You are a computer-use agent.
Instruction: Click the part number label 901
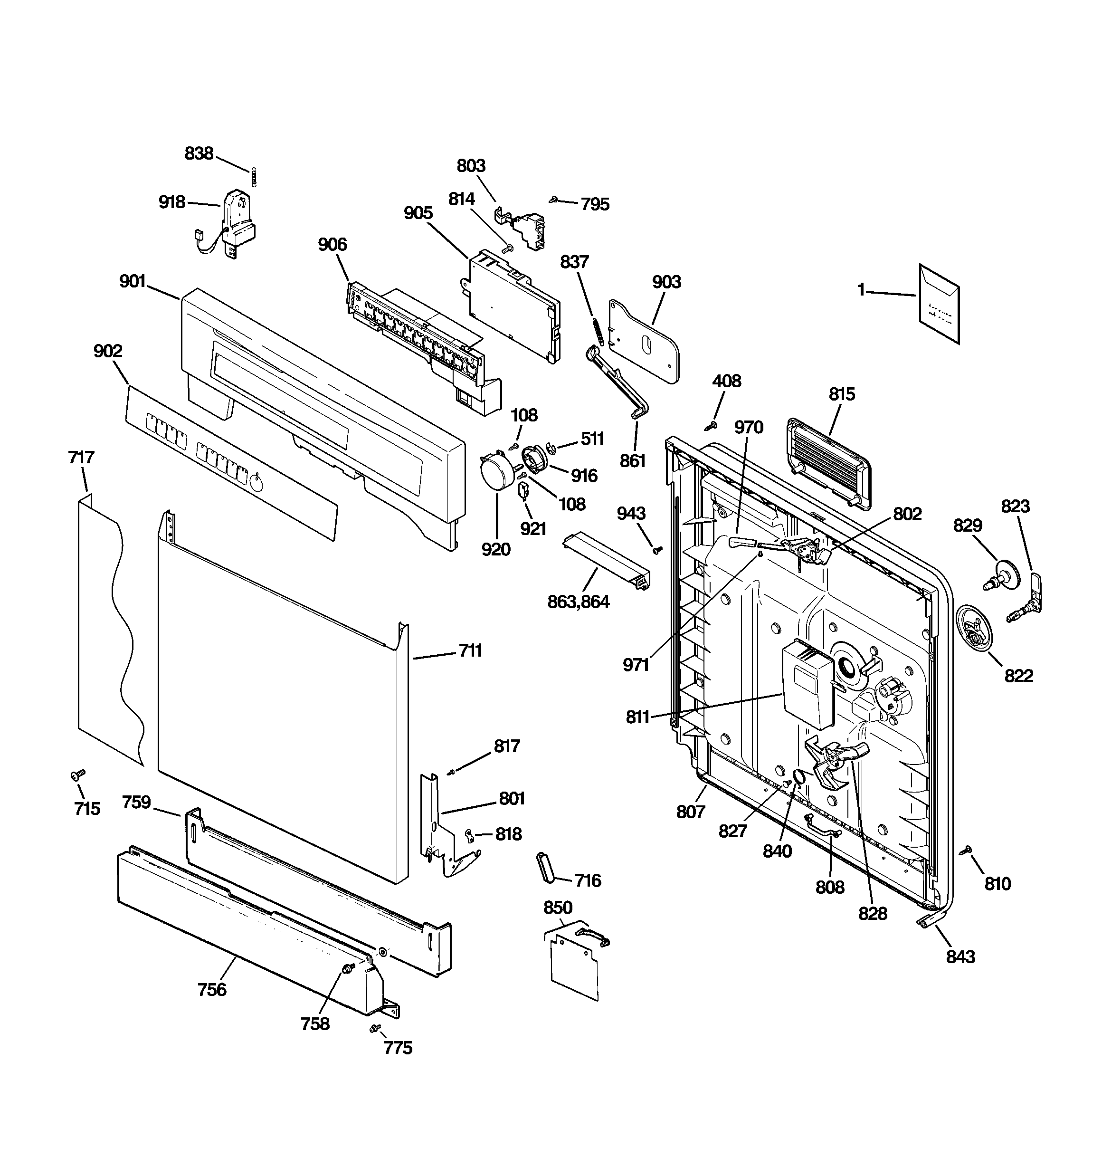(x=133, y=281)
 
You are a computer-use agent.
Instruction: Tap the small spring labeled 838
(x=254, y=176)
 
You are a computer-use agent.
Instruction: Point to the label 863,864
(x=579, y=602)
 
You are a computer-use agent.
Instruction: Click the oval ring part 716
(x=545, y=868)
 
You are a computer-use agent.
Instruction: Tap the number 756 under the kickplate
(x=212, y=989)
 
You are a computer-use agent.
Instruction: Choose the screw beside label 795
(x=554, y=200)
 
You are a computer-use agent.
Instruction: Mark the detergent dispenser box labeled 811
(x=807, y=685)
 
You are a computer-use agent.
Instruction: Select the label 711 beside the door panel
(x=470, y=650)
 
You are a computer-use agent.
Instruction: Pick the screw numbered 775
(x=374, y=1029)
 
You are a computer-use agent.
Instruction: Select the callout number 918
(x=171, y=202)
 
